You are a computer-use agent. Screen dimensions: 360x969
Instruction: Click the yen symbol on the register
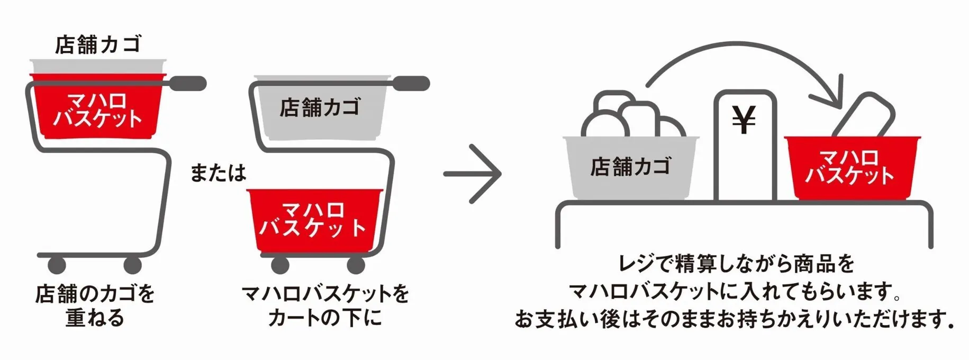pyautogui.click(x=744, y=120)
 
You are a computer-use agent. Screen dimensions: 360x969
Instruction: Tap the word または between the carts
pyautogui.click(x=218, y=173)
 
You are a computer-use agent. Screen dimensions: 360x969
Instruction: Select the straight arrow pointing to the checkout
pyautogui.click(x=472, y=174)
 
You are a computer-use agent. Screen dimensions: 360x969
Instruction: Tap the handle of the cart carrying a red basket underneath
pyautogui.click(x=410, y=83)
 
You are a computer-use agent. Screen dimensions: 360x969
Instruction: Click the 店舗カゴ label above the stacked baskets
pyautogui.click(x=98, y=44)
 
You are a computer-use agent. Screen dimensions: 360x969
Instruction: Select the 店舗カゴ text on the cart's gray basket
pyautogui.click(x=320, y=107)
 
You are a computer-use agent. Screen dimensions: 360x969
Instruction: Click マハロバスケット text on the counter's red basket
pyautogui.click(x=849, y=167)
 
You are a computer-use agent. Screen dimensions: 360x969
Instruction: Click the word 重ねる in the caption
pyautogui.click(x=95, y=318)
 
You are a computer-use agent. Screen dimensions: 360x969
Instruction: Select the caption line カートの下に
pyautogui.click(x=324, y=318)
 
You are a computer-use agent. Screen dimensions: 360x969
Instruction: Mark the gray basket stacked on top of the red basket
pyautogui.click(x=98, y=67)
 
